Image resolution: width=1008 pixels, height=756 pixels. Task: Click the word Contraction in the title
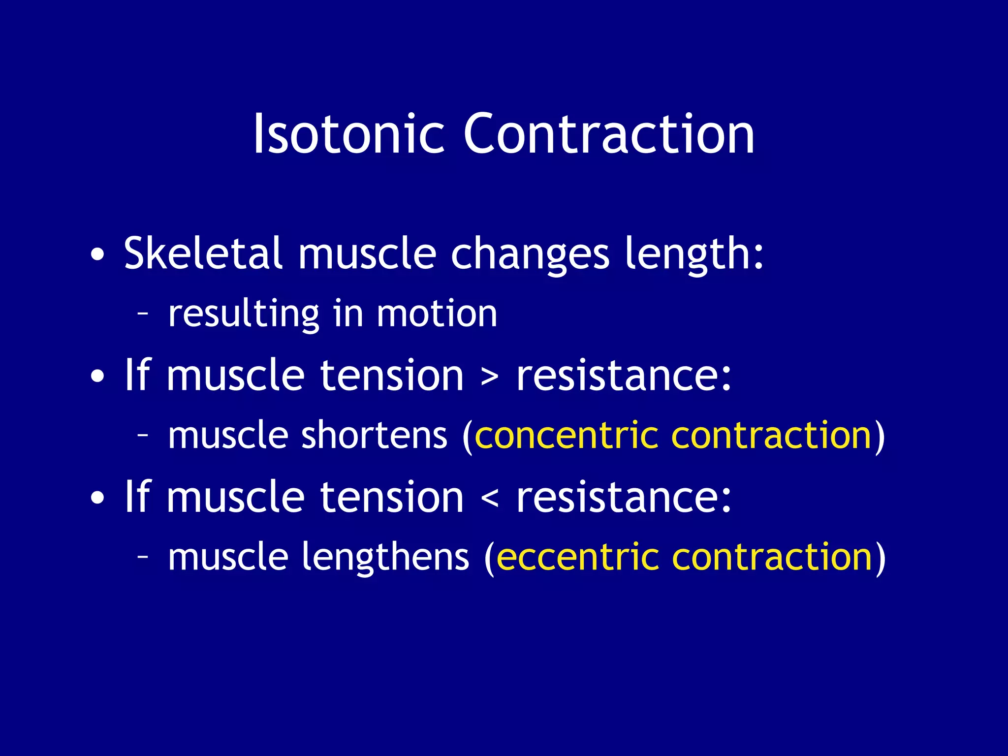(x=609, y=134)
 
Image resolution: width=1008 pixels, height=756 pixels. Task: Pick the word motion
(x=437, y=314)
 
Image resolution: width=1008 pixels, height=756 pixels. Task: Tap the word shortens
(x=374, y=435)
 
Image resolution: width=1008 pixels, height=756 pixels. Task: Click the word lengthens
(x=385, y=558)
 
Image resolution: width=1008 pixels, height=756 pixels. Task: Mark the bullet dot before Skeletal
(x=97, y=255)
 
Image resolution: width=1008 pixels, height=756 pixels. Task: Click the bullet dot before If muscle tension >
(x=97, y=377)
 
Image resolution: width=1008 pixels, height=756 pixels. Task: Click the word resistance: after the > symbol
(x=624, y=376)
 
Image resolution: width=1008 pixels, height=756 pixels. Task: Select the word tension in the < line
(x=392, y=497)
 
